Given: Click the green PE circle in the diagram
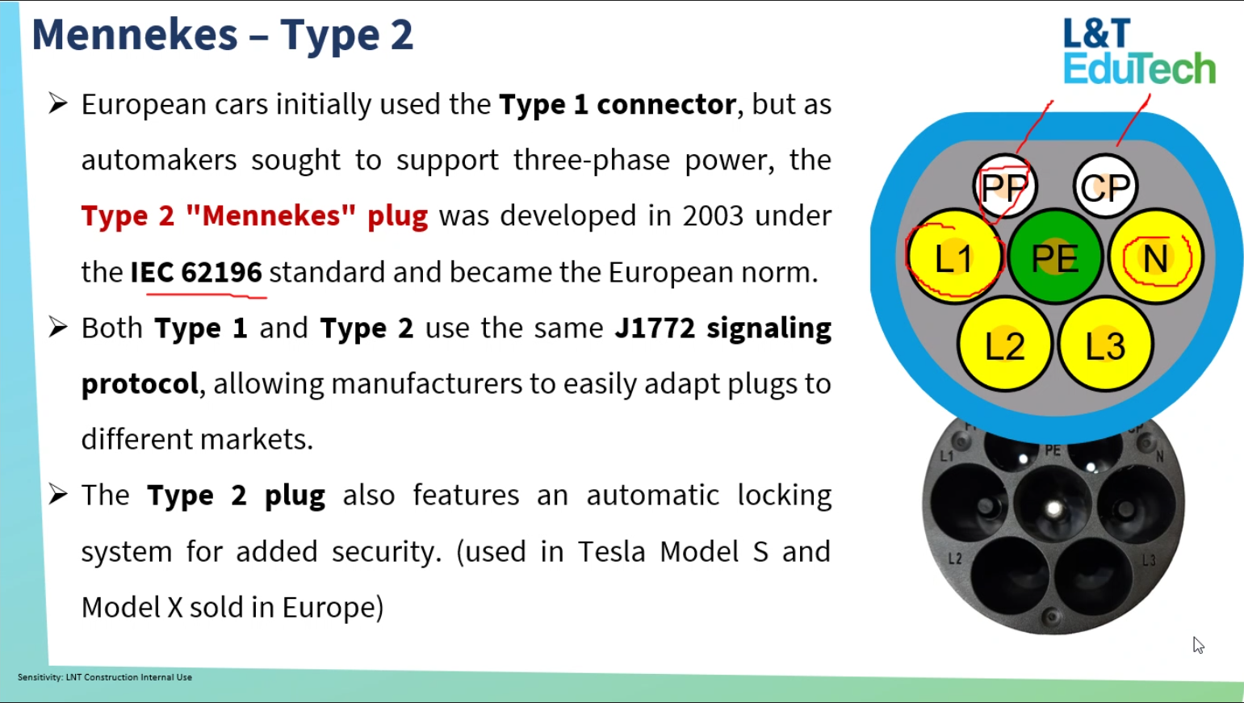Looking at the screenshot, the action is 1054,257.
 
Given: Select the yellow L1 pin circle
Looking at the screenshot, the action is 954,257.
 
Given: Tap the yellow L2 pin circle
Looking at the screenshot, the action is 1004,345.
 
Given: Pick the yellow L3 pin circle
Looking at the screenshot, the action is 1105,345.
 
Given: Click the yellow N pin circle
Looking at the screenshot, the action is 1156,257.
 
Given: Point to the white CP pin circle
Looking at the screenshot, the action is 1105,186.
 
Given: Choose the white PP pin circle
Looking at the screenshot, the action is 1004,186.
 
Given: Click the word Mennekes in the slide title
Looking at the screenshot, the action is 135,35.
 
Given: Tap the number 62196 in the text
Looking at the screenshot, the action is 221,272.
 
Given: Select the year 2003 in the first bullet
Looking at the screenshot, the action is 713,216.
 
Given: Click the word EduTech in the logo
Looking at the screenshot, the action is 1139,69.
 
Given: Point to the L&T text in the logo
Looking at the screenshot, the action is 1097,32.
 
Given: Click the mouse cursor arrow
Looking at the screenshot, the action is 1198,645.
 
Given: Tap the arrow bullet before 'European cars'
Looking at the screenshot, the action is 58,103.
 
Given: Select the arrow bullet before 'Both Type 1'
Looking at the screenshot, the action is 58,327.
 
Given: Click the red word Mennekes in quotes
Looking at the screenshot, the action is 270,216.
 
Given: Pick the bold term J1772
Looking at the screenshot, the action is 655,328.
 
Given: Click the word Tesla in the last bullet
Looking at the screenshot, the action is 611,551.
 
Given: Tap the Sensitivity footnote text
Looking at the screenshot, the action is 105,677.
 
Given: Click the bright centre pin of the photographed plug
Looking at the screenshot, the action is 1053,508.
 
